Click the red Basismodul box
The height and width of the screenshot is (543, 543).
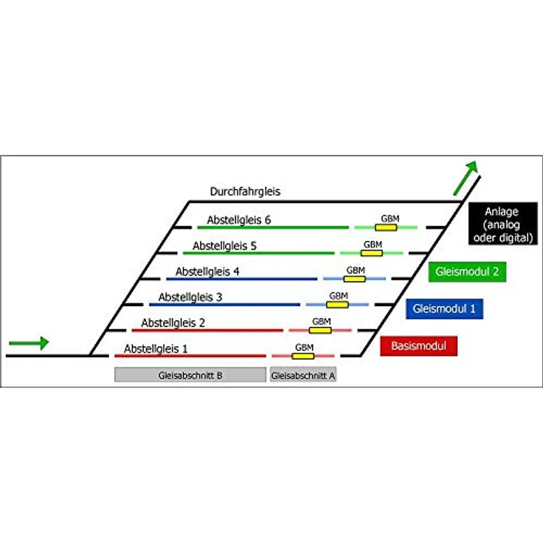coord(418,346)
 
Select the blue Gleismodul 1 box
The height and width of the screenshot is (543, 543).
coord(444,308)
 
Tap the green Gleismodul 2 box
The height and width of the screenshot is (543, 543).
coord(467,271)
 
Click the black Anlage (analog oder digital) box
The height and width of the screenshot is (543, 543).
coord(503,224)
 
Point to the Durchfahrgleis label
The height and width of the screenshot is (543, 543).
coord(245,192)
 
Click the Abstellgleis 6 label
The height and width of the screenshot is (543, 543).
coord(239,220)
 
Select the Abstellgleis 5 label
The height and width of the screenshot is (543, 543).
coord(224,246)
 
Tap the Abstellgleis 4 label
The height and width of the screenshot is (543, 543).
coord(207,271)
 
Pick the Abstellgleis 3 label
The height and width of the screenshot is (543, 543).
coord(190,297)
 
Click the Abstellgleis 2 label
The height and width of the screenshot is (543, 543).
coord(173,322)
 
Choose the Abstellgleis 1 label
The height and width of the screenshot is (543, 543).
coord(156,349)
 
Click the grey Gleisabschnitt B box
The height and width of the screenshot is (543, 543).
coord(190,375)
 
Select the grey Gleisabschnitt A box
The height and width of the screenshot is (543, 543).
coord(303,375)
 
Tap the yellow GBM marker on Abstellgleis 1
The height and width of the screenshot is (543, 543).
coord(303,356)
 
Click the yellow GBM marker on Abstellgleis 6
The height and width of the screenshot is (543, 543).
coord(386,227)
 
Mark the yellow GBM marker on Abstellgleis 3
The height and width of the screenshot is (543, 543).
coord(337,305)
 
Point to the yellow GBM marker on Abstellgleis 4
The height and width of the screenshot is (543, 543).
coord(355,279)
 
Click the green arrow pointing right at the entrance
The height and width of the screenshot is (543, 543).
coord(29,343)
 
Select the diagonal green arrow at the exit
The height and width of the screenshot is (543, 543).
coord(466,178)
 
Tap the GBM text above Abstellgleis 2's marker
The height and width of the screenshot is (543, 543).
coord(322,322)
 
